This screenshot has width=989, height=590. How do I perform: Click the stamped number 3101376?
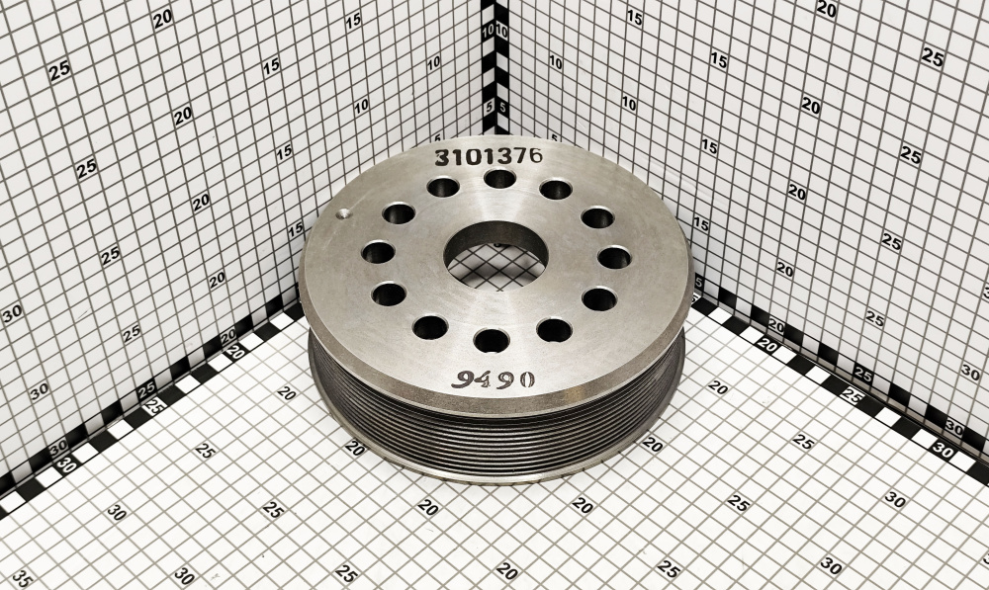[489, 156]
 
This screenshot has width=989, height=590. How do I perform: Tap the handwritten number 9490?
[494, 379]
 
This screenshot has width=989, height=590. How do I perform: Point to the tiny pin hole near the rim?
[342, 214]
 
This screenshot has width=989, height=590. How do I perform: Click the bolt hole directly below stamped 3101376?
[500, 179]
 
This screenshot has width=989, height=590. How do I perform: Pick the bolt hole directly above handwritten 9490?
[492, 340]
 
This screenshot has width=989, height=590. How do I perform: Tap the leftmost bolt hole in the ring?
[379, 253]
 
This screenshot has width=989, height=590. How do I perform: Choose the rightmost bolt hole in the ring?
[614, 257]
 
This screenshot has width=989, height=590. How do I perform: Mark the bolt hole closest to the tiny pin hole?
[399, 213]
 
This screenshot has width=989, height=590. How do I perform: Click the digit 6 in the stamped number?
[535, 155]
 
